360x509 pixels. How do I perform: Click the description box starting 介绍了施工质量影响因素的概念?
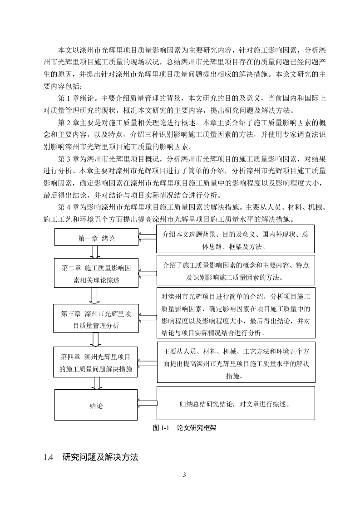point(235,270)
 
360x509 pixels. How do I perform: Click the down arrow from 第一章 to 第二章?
point(95,252)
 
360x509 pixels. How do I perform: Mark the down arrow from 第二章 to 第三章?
point(95,296)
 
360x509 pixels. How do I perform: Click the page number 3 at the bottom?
point(184,475)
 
